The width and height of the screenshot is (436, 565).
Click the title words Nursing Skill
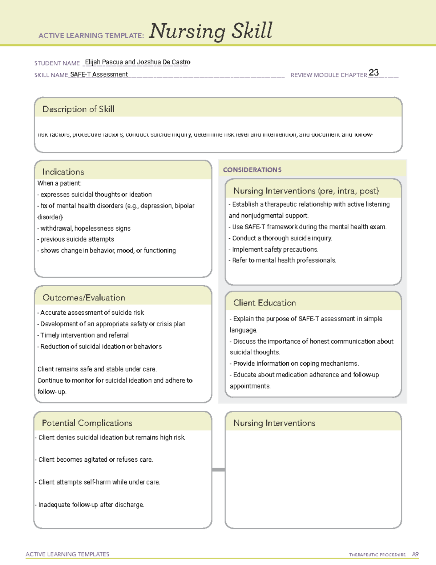(211, 31)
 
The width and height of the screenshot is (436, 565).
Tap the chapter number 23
(374, 72)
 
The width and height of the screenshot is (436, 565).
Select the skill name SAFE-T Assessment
(99, 75)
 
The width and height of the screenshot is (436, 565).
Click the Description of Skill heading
(78, 109)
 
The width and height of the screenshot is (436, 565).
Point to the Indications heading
(63, 172)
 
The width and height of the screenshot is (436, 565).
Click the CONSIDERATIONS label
(252, 170)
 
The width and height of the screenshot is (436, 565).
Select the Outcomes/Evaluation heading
(84, 298)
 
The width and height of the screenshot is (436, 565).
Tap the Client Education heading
(265, 303)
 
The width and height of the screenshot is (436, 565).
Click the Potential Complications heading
(87, 423)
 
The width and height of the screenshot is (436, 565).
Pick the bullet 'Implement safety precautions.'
(274, 250)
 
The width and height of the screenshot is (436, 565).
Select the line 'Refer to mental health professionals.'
(283, 260)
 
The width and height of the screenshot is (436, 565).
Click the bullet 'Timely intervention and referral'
(83, 335)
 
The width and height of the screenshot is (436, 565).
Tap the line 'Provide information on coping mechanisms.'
(294, 364)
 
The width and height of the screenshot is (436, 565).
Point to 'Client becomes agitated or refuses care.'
(94, 460)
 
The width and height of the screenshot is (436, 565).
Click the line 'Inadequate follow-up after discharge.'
(90, 505)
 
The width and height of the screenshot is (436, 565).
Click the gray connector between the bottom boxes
(218, 470)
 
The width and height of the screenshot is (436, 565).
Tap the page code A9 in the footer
(415, 554)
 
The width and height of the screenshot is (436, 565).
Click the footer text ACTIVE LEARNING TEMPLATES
(68, 554)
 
